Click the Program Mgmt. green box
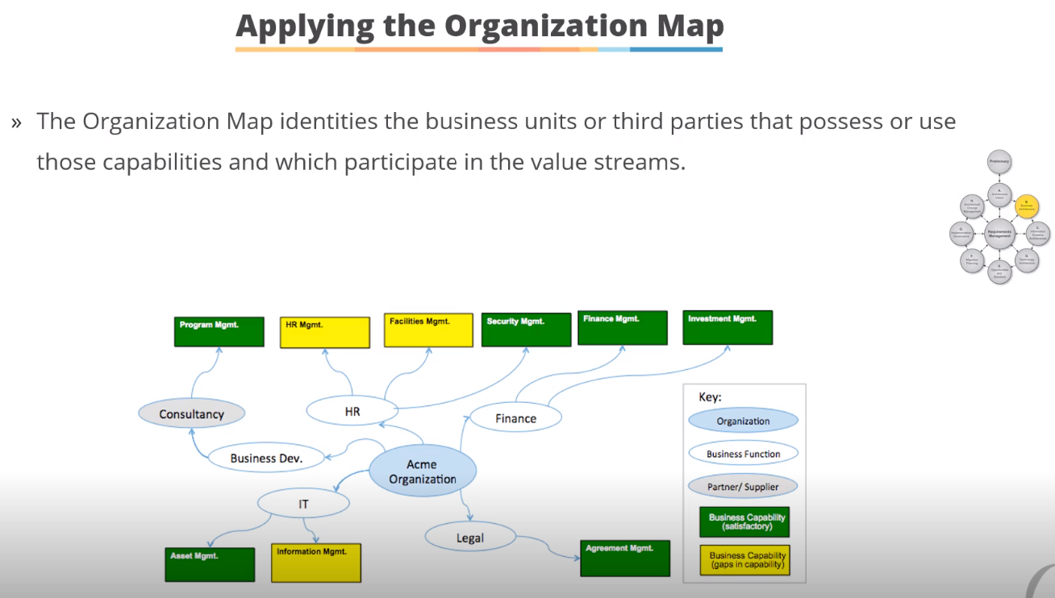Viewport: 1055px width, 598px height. click(219, 331)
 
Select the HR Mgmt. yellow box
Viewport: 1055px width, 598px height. click(324, 332)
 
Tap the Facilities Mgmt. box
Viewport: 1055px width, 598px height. click(428, 330)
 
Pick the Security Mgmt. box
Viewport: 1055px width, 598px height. click(525, 330)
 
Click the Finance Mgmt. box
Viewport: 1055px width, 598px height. click(622, 328)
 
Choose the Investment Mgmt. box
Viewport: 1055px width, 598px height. click(727, 327)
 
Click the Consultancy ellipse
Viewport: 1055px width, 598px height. click(191, 414)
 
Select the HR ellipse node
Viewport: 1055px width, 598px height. click(352, 411)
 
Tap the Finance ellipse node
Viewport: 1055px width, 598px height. click(515, 418)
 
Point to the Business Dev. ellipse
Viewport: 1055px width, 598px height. click(265, 458)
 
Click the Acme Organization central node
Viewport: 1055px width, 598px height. click(422, 471)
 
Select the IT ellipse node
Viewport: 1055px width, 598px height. click(303, 505)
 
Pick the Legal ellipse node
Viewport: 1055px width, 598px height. click(469, 538)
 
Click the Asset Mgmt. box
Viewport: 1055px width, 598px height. click(210, 564)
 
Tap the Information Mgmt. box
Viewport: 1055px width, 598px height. click(315, 563)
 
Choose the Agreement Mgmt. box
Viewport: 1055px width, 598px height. click(625, 558)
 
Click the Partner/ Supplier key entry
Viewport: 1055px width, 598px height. click(743, 487)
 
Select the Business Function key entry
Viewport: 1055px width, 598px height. click(743, 454)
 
